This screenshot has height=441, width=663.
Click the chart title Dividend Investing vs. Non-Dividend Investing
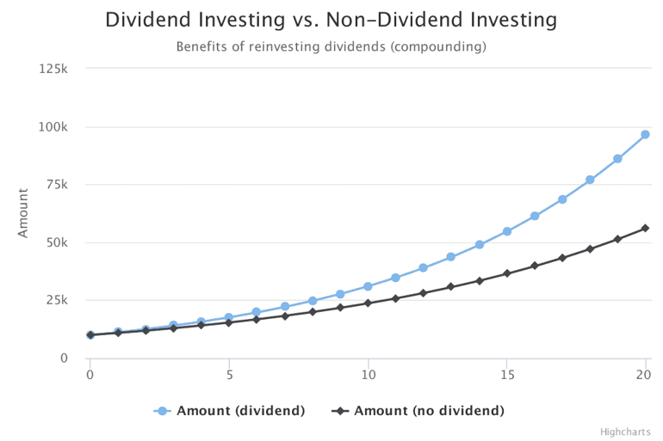pyautogui.click(x=331, y=20)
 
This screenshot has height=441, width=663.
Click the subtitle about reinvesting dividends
pyautogui.click(x=331, y=46)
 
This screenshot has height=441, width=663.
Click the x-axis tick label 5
pyautogui.click(x=229, y=375)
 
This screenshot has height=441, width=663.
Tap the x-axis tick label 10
pyautogui.click(x=368, y=375)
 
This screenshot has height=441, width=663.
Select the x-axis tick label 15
pyautogui.click(x=507, y=375)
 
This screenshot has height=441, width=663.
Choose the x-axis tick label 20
pyautogui.click(x=645, y=375)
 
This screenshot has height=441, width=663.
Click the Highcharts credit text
pyautogui.click(x=626, y=432)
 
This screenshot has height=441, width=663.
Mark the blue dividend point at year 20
pyautogui.click(x=645, y=134)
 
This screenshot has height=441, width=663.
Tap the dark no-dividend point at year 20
pyautogui.click(x=645, y=228)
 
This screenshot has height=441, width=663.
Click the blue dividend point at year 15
pyautogui.click(x=507, y=231)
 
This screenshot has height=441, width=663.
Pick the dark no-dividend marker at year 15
pyautogui.click(x=507, y=273)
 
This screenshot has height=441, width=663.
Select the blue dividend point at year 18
pyautogui.click(x=590, y=180)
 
